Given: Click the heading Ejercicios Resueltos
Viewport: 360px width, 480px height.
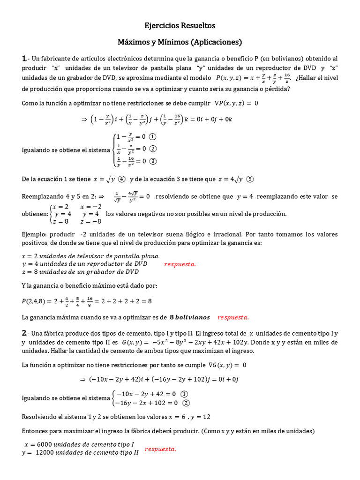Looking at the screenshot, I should click(180, 25).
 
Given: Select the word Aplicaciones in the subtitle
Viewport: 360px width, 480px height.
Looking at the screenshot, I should click(215, 42).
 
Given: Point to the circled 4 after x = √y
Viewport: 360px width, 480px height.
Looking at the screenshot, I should click(121, 179).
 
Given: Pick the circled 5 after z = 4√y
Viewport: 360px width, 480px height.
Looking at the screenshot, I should click(250, 179).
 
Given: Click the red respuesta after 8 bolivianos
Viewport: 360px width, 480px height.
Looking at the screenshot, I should click(233, 317).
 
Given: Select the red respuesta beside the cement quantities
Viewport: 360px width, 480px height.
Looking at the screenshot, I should click(160, 449).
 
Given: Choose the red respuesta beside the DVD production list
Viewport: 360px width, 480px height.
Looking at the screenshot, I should click(180, 264).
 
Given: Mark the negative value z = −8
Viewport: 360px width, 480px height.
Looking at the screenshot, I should click(90, 221).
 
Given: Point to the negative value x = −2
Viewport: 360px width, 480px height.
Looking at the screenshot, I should click(90, 206).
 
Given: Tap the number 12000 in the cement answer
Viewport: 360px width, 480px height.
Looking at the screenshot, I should click(46, 453).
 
